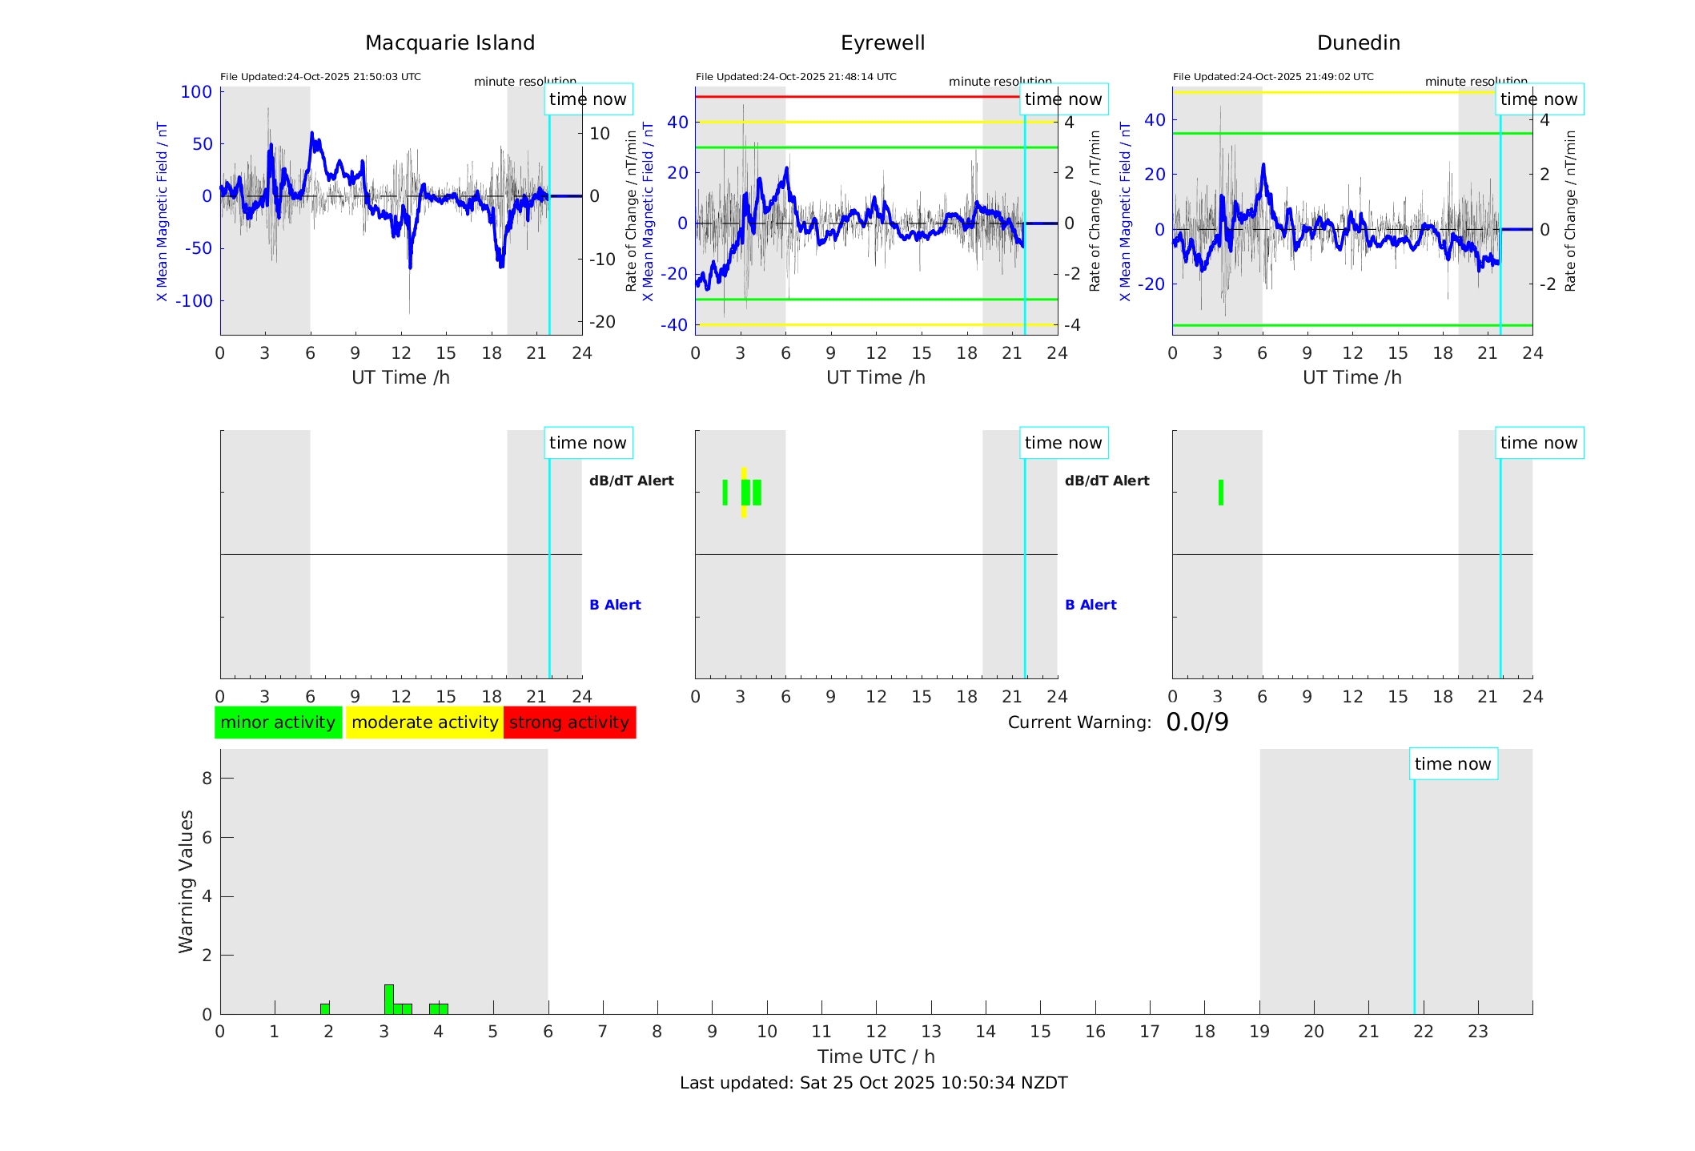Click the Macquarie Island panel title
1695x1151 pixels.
(x=449, y=43)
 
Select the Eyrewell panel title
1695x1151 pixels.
(x=882, y=43)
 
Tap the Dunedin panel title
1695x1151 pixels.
(x=1358, y=43)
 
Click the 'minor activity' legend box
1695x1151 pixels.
(x=278, y=722)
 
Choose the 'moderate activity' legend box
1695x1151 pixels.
(x=424, y=722)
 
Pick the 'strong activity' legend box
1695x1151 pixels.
(x=569, y=722)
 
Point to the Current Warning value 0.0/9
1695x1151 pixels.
(x=1197, y=722)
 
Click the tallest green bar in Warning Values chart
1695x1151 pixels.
(x=388, y=999)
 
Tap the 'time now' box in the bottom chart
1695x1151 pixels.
(x=1452, y=764)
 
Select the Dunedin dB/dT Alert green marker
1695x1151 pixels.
(x=1220, y=493)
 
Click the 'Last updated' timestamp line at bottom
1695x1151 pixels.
(x=874, y=1083)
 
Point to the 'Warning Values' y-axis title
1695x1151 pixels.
(x=187, y=881)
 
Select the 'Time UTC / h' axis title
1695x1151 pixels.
(x=876, y=1056)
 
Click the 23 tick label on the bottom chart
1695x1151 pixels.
(x=1477, y=1032)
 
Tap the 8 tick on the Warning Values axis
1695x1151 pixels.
(x=207, y=778)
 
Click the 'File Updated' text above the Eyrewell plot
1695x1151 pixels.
(x=796, y=77)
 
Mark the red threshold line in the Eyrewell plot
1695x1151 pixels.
(x=857, y=97)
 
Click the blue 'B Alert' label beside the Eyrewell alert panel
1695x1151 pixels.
(x=1091, y=605)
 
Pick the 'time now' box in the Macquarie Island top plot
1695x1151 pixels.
(x=588, y=99)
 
